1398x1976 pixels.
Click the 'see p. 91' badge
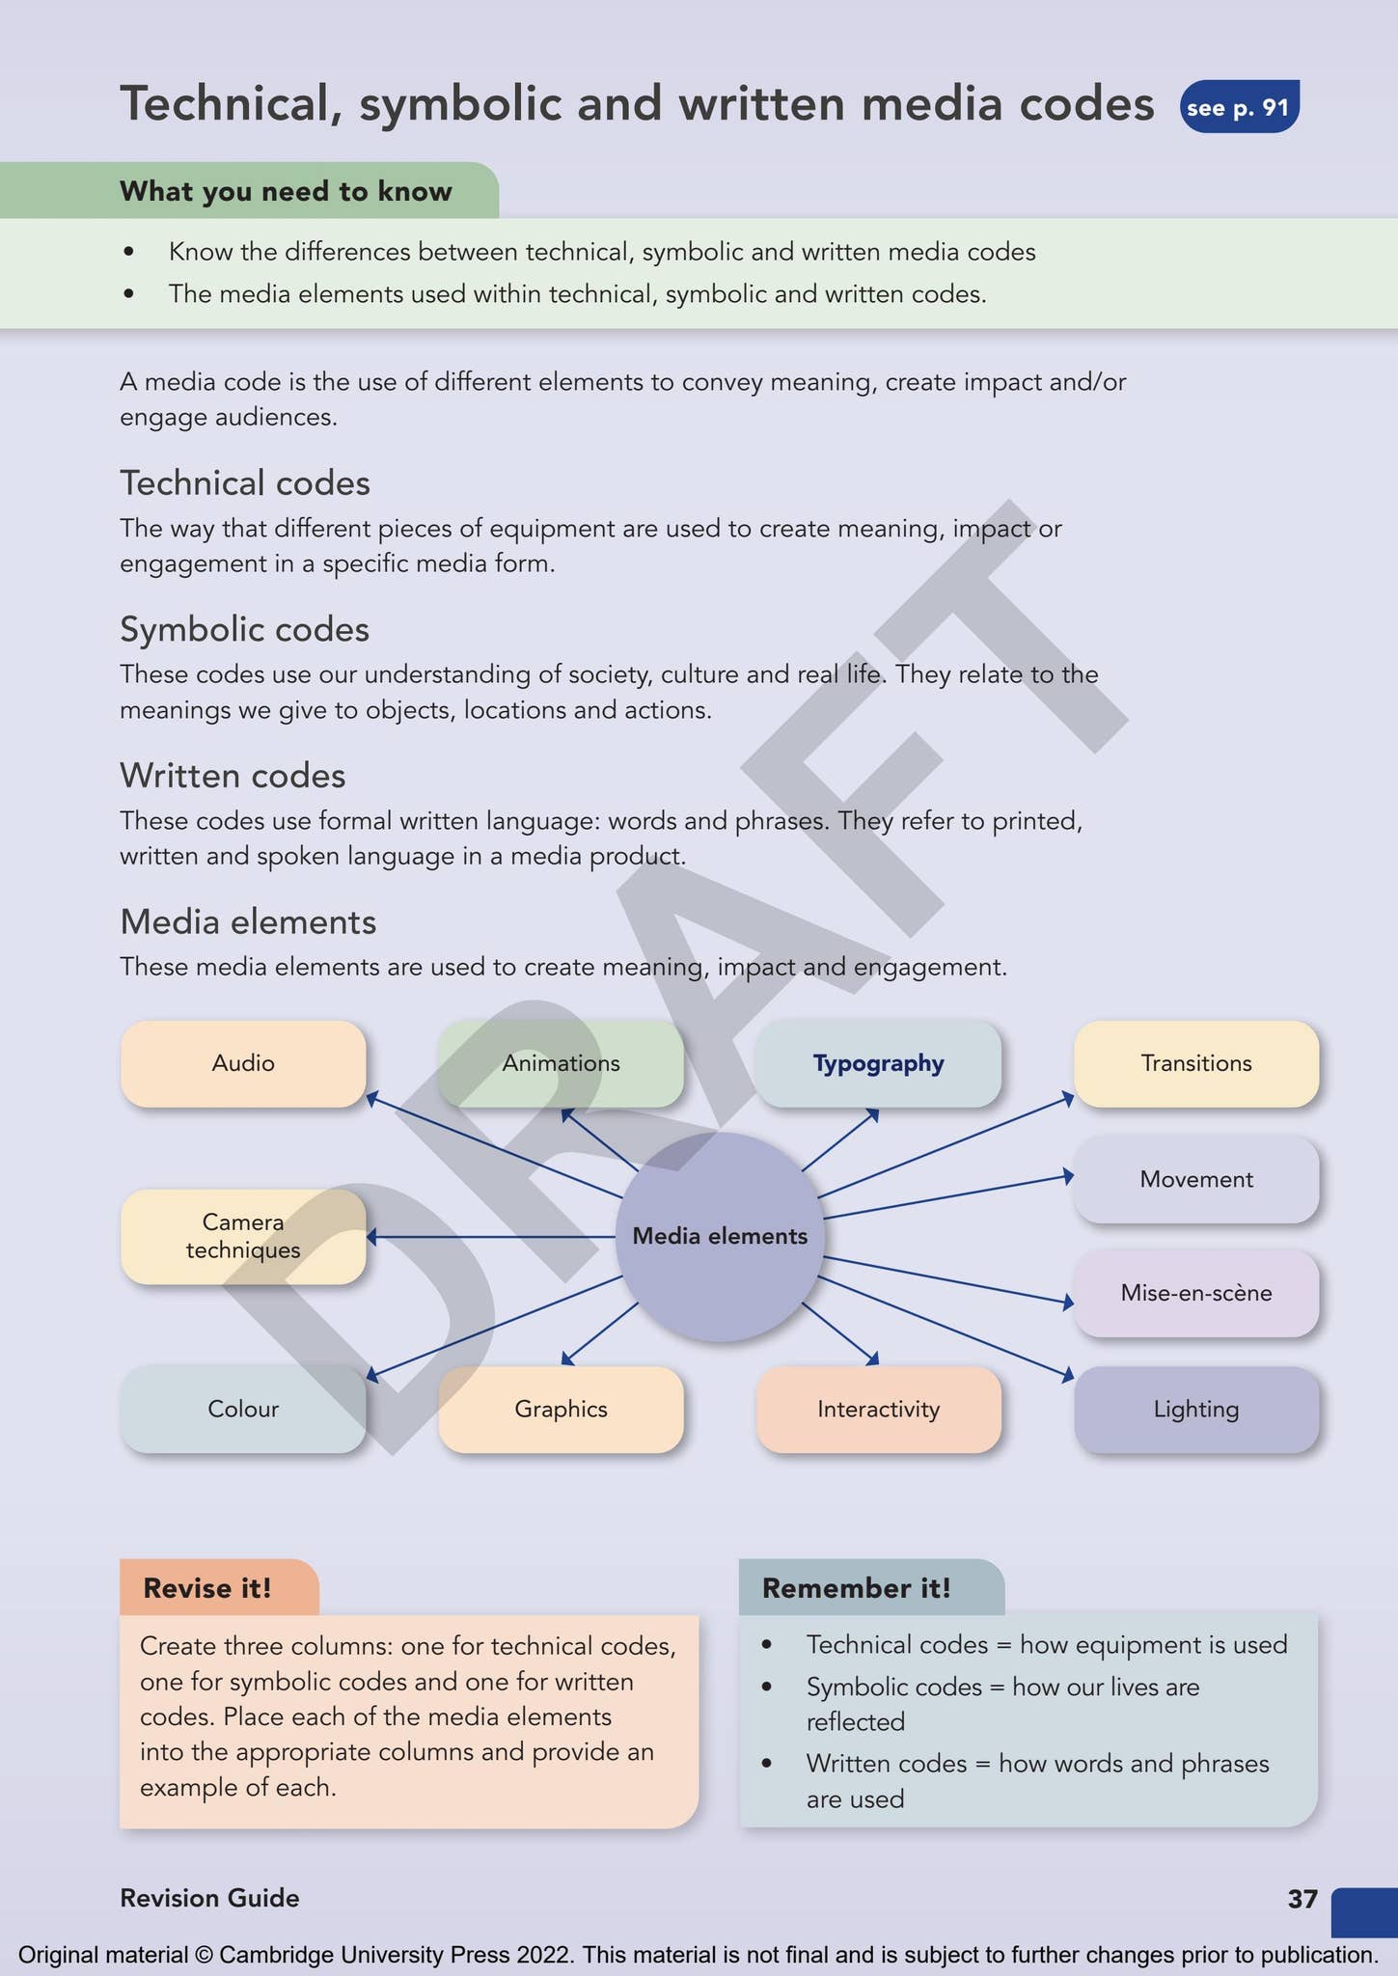click(x=1240, y=106)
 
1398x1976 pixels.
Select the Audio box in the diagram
click(x=243, y=1063)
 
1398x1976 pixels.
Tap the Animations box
click(x=561, y=1063)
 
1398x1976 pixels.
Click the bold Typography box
click(x=878, y=1063)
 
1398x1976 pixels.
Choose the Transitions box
click(x=1196, y=1063)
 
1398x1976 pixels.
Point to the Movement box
click(x=1196, y=1179)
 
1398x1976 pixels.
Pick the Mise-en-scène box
click(x=1196, y=1293)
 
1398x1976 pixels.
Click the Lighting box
click(x=1196, y=1409)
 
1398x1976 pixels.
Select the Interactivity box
click(x=878, y=1409)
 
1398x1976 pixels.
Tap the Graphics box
click(x=561, y=1409)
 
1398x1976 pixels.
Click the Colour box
click(x=243, y=1409)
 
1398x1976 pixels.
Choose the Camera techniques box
click(x=243, y=1236)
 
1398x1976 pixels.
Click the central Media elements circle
click(x=720, y=1236)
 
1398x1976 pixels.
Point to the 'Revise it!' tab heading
click(x=207, y=1588)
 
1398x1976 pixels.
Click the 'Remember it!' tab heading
click(x=857, y=1588)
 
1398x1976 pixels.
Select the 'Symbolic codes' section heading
click(x=245, y=629)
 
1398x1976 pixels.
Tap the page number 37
click(x=1302, y=1899)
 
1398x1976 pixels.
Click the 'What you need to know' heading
click(x=286, y=191)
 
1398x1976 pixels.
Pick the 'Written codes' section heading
click(x=233, y=776)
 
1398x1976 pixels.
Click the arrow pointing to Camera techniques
click(x=491, y=1236)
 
